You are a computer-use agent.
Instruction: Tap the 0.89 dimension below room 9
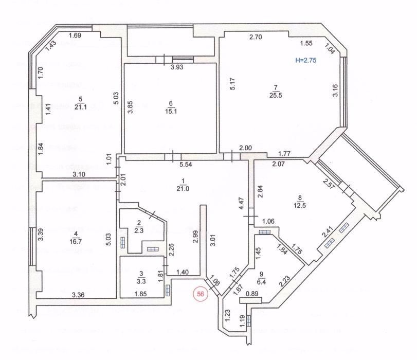251,294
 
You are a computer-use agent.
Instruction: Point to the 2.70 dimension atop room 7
257,37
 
